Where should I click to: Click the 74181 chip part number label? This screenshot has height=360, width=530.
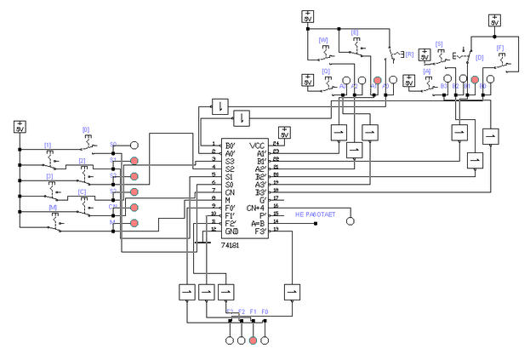click(x=231, y=244)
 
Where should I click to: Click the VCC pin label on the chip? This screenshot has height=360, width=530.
click(x=258, y=146)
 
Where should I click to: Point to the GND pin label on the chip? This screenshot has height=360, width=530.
click(x=231, y=231)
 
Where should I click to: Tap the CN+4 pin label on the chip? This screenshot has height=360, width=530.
click(x=255, y=208)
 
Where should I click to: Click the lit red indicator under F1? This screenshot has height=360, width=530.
click(x=253, y=340)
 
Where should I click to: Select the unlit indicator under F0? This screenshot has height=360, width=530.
click(x=265, y=340)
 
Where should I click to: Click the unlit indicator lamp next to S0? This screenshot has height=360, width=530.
click(x=134, y=146)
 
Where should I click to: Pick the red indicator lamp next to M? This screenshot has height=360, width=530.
click(x=134, y=223)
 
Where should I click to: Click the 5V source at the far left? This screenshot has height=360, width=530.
click(x=20, y=127)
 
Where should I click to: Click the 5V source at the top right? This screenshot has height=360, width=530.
click(x=494, y=20)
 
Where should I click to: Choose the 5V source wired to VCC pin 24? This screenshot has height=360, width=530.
click(x=285, y=132)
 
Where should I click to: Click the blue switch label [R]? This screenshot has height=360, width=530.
click(x=409, y=54)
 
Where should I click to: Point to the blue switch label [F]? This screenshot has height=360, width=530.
click(x=499, y=49)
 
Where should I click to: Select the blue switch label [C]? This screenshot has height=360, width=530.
click(x=82, y=191)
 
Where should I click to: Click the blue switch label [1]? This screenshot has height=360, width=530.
click(x=48, y=146)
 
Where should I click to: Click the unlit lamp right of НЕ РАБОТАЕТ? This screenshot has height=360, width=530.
click(x=348, y=221)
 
